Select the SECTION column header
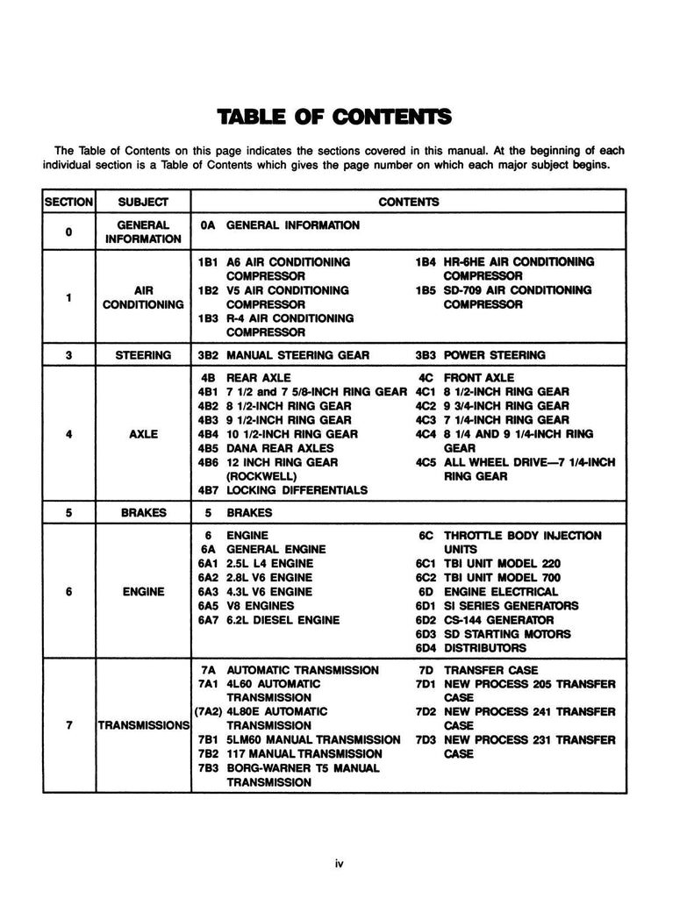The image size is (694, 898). pyautogui.click(x=68, y=202)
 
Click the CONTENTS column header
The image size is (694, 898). pyautogui.click(x=408, y=202)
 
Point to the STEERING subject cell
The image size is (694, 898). pyautogui.click(x=144, y=355)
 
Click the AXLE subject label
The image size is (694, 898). pyautogui.click(x=144, y=433)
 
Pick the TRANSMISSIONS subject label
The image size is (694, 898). pyautogui.click(x=144, y=725)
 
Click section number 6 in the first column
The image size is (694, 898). pyautogui.click(x=68, y=591)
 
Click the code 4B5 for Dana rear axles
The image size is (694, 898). pyautogui.click(x=208, y=447)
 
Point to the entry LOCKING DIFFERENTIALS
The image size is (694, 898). pyautogui.click(x=297, y=489)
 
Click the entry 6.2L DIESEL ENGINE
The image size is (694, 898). pyautogui.click(x=283, y=619)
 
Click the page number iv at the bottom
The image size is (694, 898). pyautogui.click(x=339, y=864)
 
